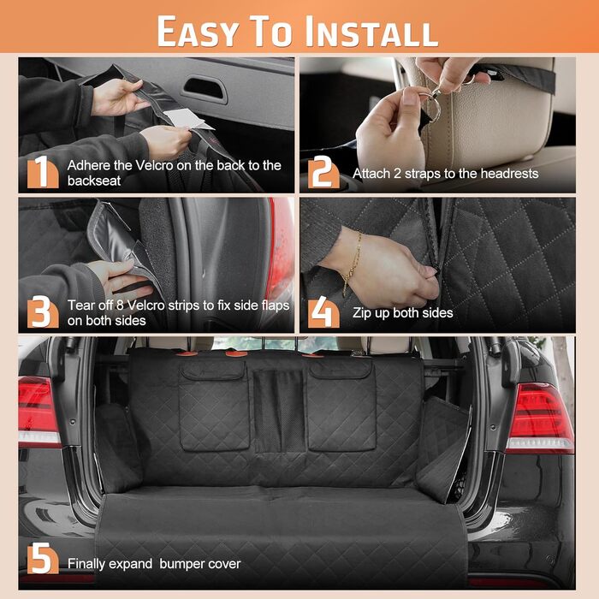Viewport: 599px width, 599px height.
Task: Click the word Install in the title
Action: coord(371,32)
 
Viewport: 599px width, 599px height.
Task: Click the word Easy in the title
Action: coord(199,32)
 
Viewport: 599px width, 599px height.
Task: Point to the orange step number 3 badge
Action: coord(43,311)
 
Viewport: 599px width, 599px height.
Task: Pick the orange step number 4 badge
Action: coord(323,311)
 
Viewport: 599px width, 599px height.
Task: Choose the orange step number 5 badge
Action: coord(43,558)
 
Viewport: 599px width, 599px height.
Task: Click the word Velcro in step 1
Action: coord(150,165)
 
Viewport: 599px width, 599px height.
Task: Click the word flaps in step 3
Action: coord(275,305)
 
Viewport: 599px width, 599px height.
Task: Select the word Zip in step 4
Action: coord(360,313)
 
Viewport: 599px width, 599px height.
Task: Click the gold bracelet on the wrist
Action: coord(353,264)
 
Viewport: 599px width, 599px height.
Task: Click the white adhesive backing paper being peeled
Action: coord(188,119)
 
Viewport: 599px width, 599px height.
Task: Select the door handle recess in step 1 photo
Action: coord(205,89)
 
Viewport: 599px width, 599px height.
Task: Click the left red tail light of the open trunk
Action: coord(38,412)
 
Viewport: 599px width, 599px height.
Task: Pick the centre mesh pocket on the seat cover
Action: coord(280,410)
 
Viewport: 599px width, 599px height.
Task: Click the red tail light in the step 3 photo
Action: coord(281,248)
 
